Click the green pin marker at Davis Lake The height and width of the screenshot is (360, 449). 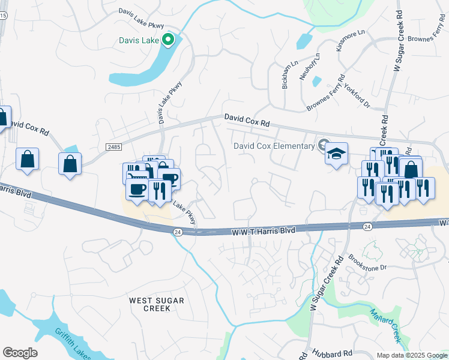pyautogui.click(x=169, y=40)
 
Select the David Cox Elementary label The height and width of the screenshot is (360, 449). pyautogui.click(x=274, y=146)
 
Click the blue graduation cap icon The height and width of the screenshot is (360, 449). pyautogui.click(x=337, y=153)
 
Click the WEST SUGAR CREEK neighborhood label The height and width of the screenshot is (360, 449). pyautogui.click(x=157, y=304)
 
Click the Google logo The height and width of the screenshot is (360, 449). pyautogui.click(x=20, y=353)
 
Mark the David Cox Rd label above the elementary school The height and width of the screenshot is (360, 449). pyautogui.click(x=247, y=120)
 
